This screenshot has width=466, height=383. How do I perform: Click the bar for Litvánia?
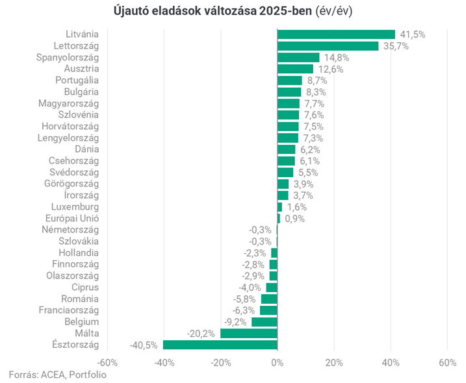(x=336, y=34)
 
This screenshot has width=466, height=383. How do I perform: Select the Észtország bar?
(x=220, y=345)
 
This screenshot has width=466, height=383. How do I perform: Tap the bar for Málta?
(x=248, y=334)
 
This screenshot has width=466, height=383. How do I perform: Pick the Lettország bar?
(x=328, y=46)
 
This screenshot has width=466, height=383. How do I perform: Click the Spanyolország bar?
(x=298, y=58)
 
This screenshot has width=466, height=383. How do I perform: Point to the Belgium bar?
(x=264, y=322)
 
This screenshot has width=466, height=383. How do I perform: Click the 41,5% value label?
(x=412, y=34)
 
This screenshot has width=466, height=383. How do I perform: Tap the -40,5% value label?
(x=144, y=345)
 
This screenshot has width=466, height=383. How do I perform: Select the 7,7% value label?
(x=314, y=104)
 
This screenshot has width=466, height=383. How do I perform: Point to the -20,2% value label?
(x=201, y=334)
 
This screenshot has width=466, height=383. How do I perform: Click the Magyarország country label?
(x=68, y=104)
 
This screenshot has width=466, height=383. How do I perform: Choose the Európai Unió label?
(x=71, y=219)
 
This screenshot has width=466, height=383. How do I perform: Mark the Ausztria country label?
(x=81, y=69)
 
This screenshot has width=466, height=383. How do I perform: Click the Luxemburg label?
(x=77, y=207)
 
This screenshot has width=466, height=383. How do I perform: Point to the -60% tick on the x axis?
(x=107, y=362)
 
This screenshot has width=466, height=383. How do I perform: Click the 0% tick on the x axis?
(x=277, y=362)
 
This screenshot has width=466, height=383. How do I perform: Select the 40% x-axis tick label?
(x=390, y=362)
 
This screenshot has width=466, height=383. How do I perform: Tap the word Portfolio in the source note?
(x=87, y=375)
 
